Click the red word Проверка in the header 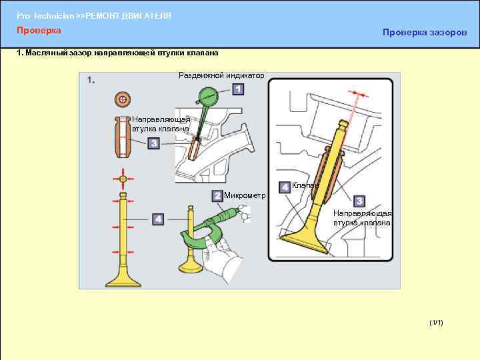point(39,30)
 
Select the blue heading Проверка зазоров point(425,33)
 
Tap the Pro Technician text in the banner point(45,16)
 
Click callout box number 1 point(238,89)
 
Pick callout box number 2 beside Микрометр point(217,196)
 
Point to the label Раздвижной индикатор point(221,75)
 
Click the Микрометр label point(245,195)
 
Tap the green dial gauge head point(208,96)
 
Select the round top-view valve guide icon point(123,99)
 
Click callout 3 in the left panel point(154,143)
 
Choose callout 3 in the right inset point(359,201)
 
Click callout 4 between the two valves point(158,219)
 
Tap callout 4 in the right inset point(285,187)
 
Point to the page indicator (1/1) point(436,323)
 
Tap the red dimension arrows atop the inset point(358,94)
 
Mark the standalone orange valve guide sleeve point(123,137)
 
